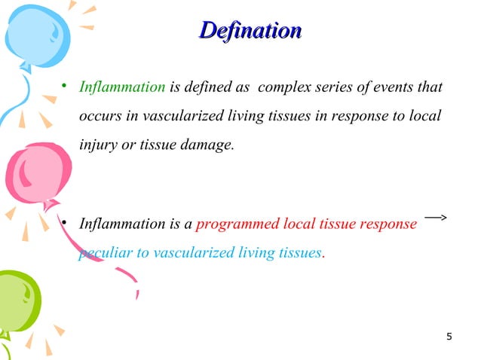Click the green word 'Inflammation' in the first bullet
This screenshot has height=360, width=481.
point(122,88)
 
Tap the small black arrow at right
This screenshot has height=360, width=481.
point(436,218)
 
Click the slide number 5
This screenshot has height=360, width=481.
point(449,336)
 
